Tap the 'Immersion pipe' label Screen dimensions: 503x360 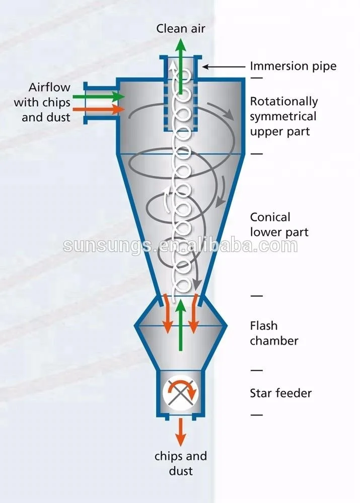pyautogui.click(x=293, y=66)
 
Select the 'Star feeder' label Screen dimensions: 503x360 pyautogui.click(x=280, y=393)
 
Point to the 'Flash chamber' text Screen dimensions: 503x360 pyautogui.click(x=274, y=333)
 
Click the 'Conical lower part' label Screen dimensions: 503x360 pyautogui.click(x=279, y=224)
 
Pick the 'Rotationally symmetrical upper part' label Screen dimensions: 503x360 pyautogui.click(x=283, y=116)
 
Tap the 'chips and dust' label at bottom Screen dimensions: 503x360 pyautogui.click(x=180, y=463)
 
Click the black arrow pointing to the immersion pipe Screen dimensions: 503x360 pyautogui.click(x=224, y=66)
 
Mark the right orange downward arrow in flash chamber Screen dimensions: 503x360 pyautogui.click(x=194, y=314)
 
